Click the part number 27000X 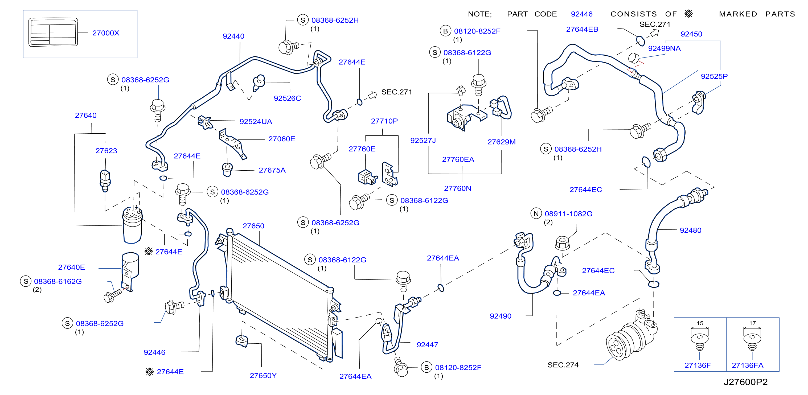106,33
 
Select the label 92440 233,36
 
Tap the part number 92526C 287,98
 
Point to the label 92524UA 256,121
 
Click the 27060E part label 282,139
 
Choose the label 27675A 272,170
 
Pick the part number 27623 106,151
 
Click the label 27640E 72,267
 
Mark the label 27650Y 263,376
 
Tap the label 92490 501,316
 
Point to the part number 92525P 714,76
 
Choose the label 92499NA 664,48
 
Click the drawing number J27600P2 746,382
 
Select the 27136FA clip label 748,365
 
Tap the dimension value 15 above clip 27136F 700,323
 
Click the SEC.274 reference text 563,365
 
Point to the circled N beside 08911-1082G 536,213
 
